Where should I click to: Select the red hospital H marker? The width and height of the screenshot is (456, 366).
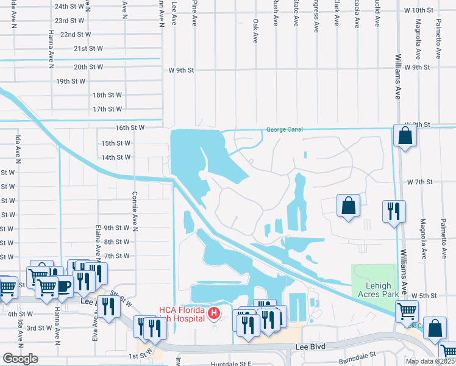click(214, 314)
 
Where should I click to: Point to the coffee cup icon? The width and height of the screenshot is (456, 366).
click(63, 285)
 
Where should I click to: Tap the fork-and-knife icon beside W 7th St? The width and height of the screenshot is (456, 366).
click(394, 211)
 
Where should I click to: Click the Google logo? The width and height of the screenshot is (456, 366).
click(20, 359)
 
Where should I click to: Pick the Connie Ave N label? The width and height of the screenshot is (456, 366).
click(135, 207)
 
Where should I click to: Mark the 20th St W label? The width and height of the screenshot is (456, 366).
click(88, 67)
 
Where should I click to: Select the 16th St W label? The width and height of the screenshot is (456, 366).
click(129, 127)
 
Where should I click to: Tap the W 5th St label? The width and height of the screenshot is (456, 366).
click(425, 295)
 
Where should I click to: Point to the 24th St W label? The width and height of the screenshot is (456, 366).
click(69, 6)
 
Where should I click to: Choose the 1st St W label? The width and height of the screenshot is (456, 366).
click(140, 356)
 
